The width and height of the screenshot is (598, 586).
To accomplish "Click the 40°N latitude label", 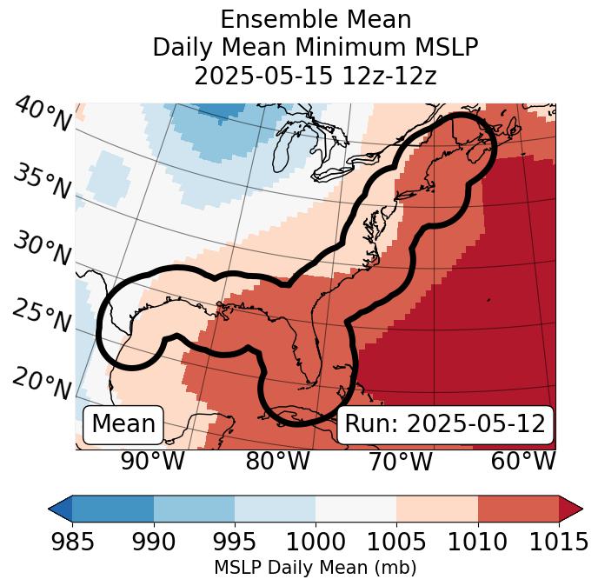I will (x=42, y=115).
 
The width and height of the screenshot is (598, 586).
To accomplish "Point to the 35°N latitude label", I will (x=42, y=182).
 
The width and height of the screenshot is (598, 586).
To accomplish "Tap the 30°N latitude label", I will (x=42, y=250).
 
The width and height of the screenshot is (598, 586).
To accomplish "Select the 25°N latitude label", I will (x=42, y=316).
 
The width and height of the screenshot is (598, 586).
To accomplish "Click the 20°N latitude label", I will (x=42, y=383).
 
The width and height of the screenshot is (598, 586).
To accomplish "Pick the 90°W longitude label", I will (x=152, y=462).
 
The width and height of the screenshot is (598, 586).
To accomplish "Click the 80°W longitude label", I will (x=277, y=462).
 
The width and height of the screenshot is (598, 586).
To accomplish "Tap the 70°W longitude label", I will (x=400, y=462).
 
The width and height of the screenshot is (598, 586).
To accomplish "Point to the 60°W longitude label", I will (x=522, y=462).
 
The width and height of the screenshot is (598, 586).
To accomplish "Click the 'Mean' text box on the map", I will (x=123, y=424).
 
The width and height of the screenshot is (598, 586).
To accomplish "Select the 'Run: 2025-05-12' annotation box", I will (x=445, y=424).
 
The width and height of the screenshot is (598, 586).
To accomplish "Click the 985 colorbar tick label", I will (x=72, y=543).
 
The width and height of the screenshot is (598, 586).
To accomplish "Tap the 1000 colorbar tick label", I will (x=316, y=543).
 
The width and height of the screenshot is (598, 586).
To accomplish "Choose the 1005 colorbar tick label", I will (x=396, y=543).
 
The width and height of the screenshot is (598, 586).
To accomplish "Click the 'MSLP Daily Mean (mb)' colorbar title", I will (x=315, y=569).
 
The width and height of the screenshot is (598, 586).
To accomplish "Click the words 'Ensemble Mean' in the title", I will (x=315, y=19).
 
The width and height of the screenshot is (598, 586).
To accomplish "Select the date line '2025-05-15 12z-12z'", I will (x=315, y=76).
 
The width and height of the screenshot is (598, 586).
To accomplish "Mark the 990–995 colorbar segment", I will (x=194, y=508).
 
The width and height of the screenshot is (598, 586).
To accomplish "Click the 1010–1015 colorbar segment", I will (x=518, y=508).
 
